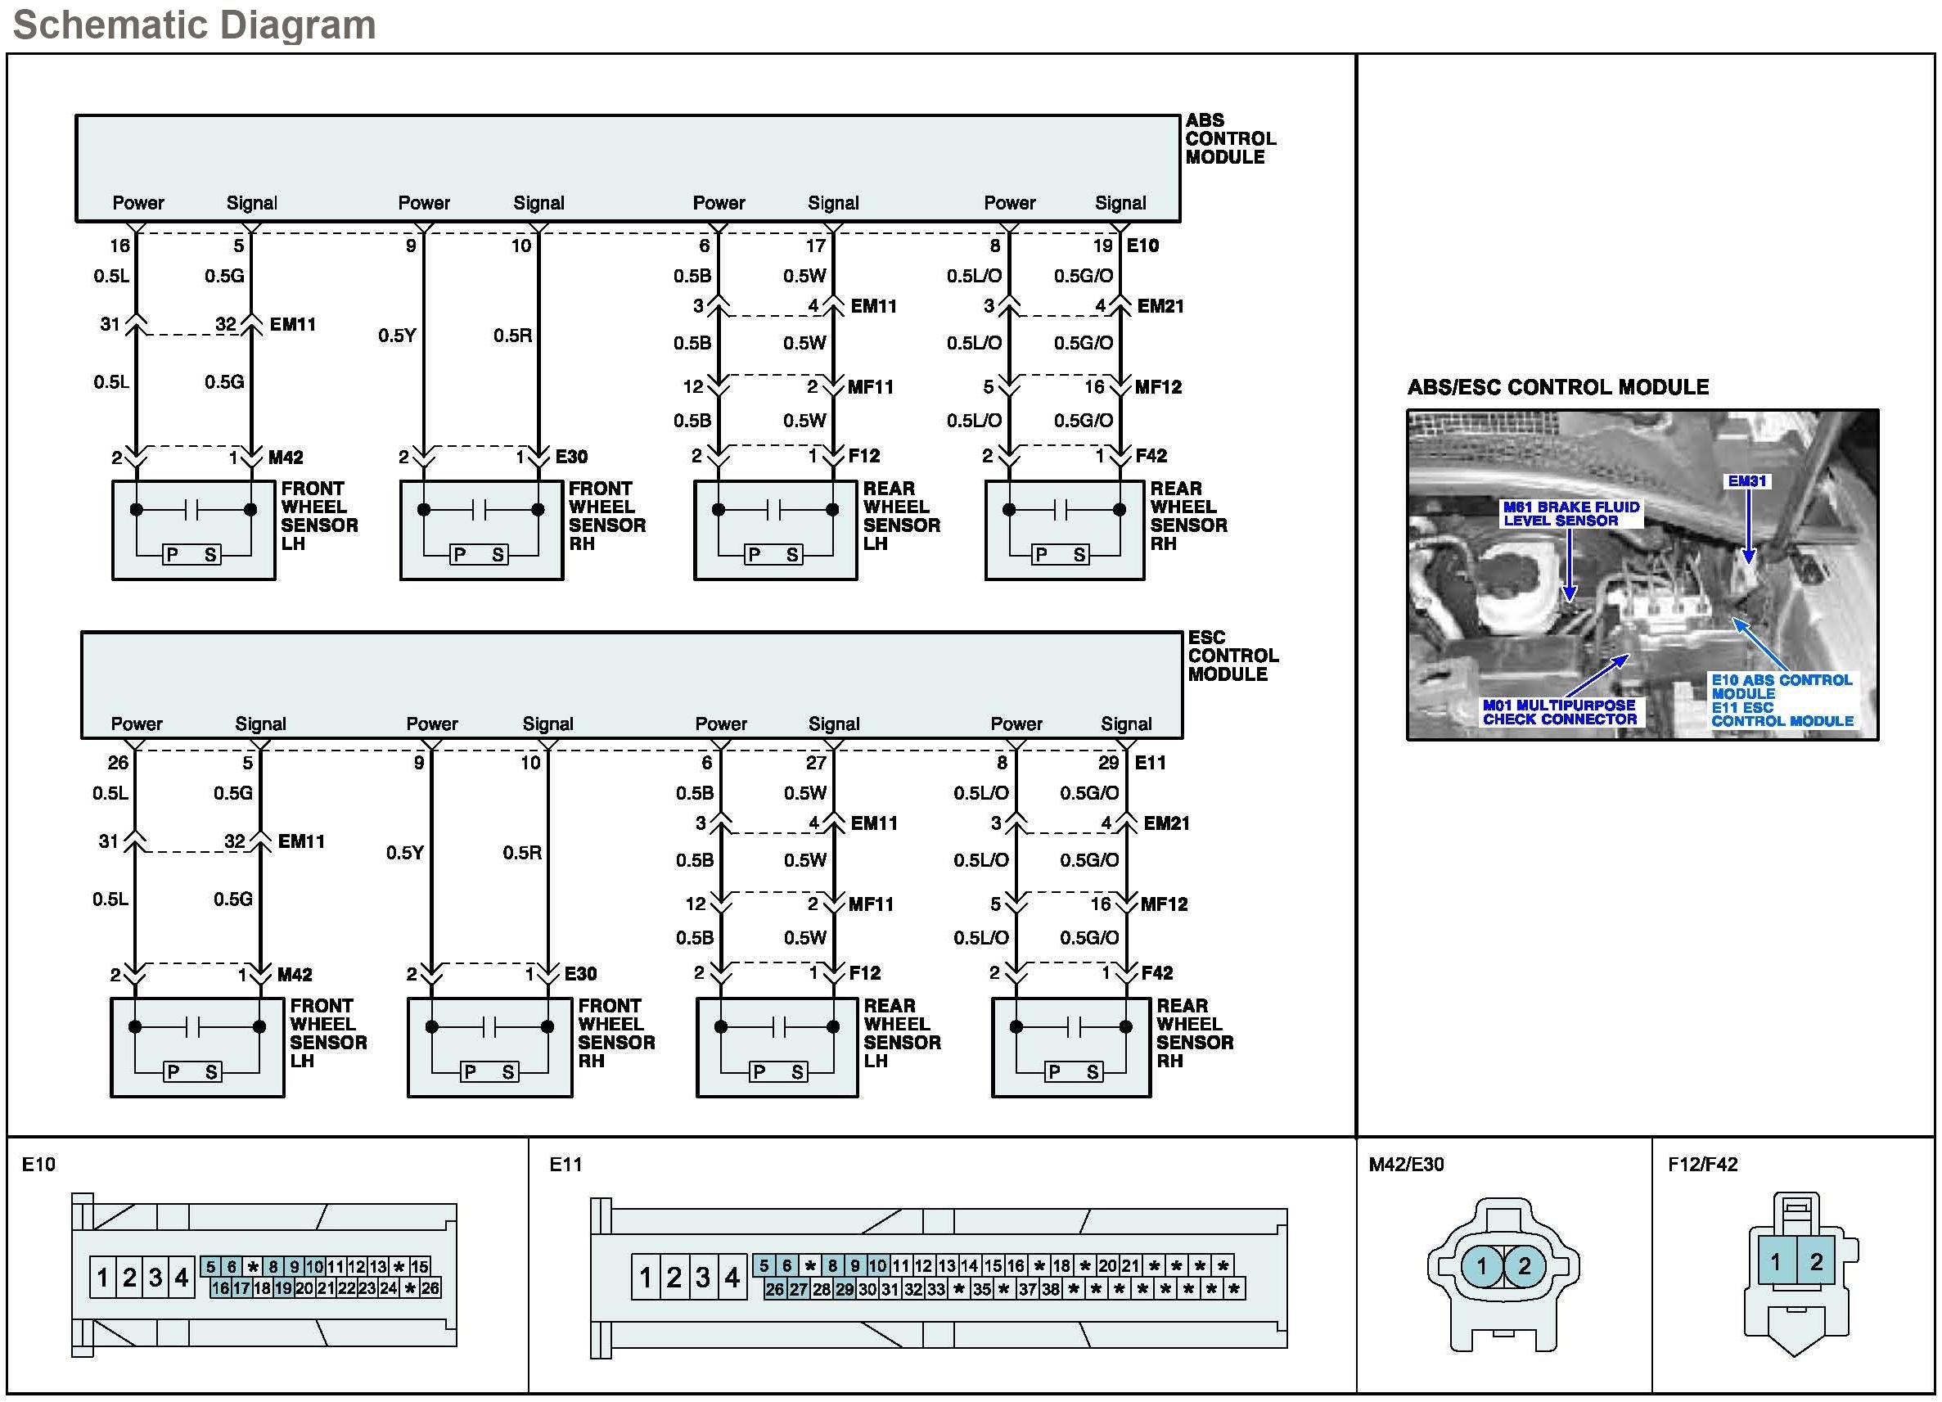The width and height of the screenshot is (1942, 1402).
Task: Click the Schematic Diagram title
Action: point(195,25)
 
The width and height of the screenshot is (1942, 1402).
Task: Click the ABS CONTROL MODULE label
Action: point(1229,139)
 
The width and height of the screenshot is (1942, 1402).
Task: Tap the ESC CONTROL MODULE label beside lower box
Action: point(1232,656)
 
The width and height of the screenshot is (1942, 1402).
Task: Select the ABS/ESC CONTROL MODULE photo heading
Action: point(1557,387)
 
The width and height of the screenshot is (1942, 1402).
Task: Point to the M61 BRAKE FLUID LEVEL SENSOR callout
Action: point(1571,514)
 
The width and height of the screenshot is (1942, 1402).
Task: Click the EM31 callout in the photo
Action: point(1746,481)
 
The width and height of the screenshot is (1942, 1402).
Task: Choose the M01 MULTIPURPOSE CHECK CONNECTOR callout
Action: point(1559,712)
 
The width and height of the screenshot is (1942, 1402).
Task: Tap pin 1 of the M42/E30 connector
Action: point(1481,1266)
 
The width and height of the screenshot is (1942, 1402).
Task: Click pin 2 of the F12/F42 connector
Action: point(1815,1260)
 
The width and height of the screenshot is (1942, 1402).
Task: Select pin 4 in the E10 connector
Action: point(182,1278)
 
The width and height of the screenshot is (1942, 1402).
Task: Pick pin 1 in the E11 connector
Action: point(646,1278)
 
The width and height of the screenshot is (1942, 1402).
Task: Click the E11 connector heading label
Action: point(565,1164)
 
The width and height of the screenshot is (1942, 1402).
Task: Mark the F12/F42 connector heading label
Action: point(1702,1164)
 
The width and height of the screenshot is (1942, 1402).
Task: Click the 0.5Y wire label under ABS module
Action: point(397,335)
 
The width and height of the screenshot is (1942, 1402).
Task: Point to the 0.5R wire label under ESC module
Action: point(521,852)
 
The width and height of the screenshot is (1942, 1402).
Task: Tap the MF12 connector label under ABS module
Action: point(1158,387)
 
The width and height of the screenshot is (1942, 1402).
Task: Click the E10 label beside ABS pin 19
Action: point(1142,246)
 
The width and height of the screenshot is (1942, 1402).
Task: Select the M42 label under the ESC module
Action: point(295,975)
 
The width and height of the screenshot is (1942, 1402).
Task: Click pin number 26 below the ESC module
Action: point(118,762)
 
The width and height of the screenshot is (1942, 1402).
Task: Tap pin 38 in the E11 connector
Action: point(1051,1289)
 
